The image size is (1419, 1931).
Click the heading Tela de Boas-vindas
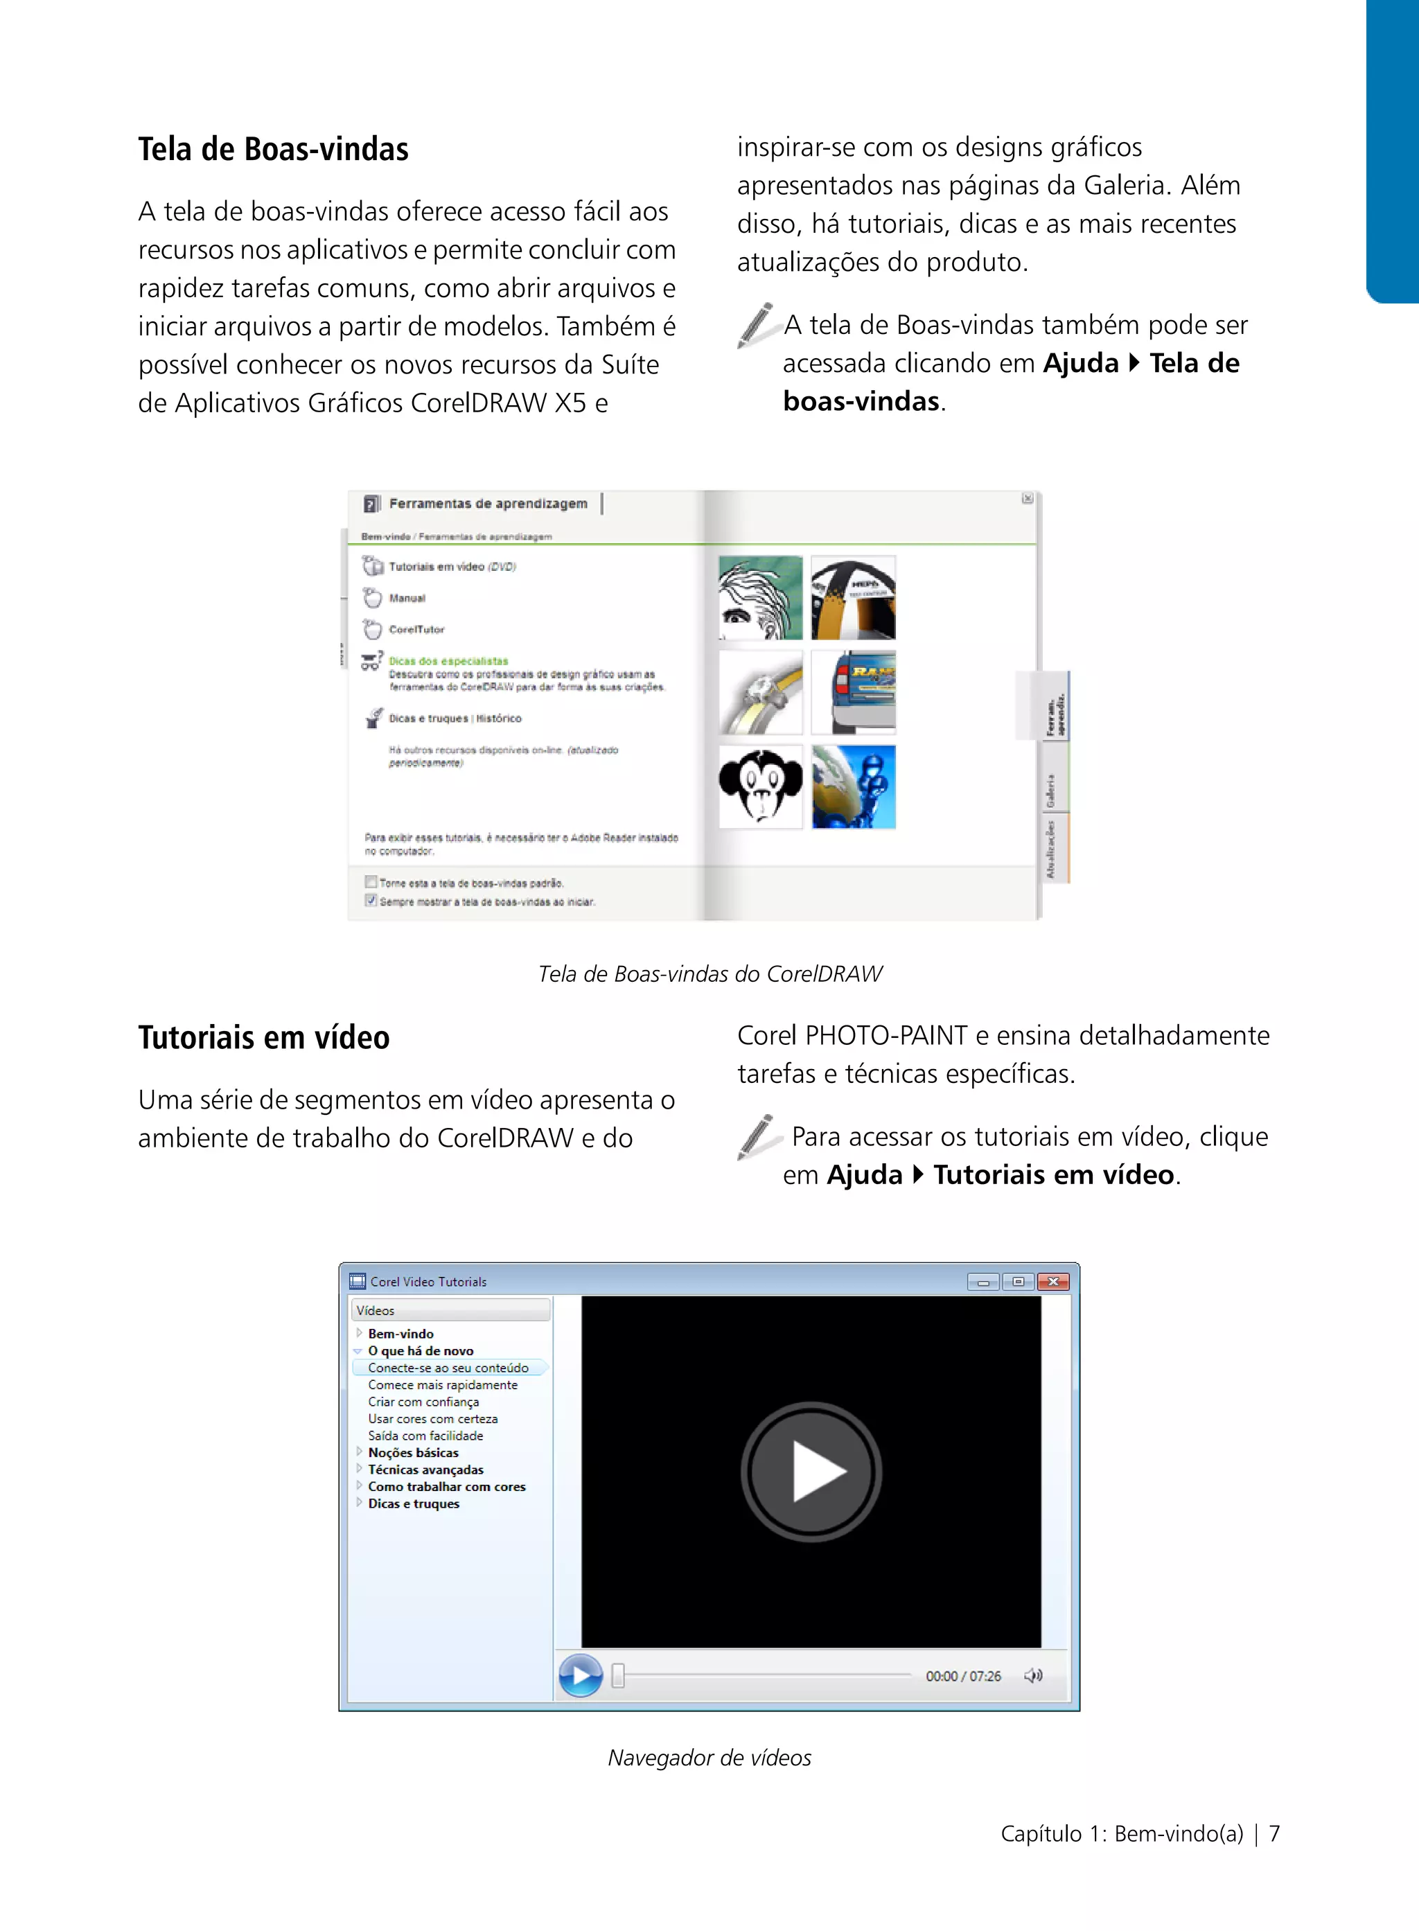click(x=273, y=150)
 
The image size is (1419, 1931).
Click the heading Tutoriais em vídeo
click(x=264, y=1038)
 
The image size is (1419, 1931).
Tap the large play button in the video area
click(x=811, y=1472)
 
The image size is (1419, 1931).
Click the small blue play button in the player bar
click(x=581, y=1675)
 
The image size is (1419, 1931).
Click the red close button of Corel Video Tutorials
click(x=1053, y=1282)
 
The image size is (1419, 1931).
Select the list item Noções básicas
click(x=413, y=1452)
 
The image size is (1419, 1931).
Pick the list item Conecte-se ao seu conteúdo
click(x=448, y=1368)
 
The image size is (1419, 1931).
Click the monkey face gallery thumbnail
click(x=760, y=786)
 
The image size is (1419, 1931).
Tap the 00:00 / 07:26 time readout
click(x=963, y=1676)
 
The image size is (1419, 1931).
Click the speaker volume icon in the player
click(x=1033, y=1675)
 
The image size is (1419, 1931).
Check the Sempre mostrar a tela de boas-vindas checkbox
click(x=371, y=900)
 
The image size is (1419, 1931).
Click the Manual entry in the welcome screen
click(x=407, y=598)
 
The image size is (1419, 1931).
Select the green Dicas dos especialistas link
click(x=448, y=660)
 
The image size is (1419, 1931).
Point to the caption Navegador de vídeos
click(x=709, y=1758)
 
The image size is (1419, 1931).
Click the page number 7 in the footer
click(x=1275, y=1834)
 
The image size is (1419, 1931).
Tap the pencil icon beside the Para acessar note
click(x=756, y=1136)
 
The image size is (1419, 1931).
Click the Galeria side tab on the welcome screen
click(x=1050, y=791)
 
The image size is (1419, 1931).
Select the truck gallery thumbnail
click(x=854, y=692)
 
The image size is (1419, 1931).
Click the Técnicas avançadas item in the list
click(x=426, y=1470)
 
